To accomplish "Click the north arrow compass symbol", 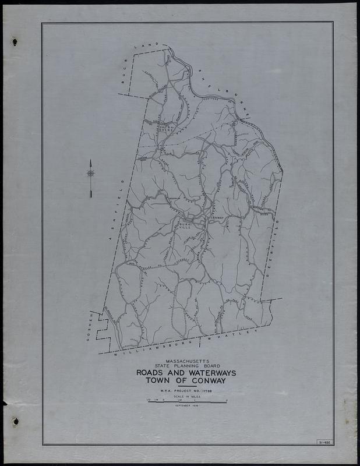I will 91,173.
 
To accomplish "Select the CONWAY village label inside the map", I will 216,218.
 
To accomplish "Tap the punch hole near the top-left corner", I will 15,41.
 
